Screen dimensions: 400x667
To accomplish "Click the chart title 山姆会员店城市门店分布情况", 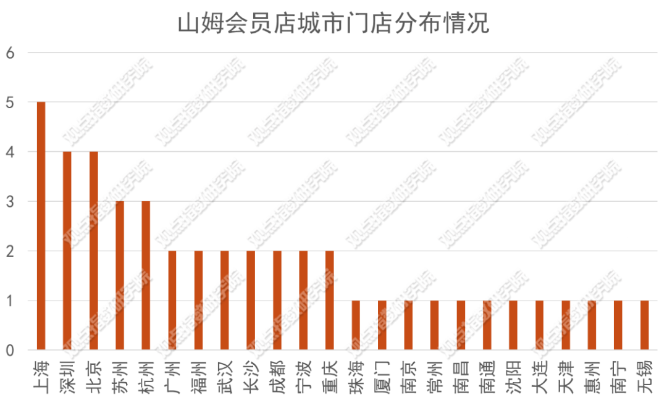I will [x=333, y=24].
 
